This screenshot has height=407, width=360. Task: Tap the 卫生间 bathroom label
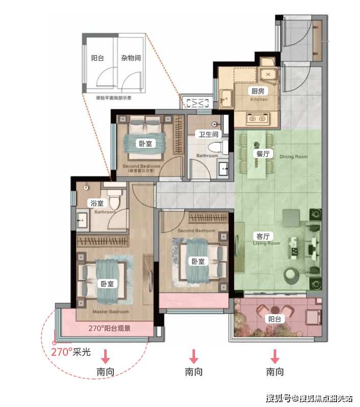click(208, 135)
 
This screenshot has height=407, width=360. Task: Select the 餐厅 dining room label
click(262, 154)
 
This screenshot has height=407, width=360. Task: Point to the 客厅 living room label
click(262, 236)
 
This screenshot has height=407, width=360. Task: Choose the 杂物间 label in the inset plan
click(131, 58)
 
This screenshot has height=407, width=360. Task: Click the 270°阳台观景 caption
click(109, 328)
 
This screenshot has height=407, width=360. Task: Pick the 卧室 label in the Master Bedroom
click(107, 283)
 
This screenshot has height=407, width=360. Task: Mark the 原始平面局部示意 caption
click(113, 97)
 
